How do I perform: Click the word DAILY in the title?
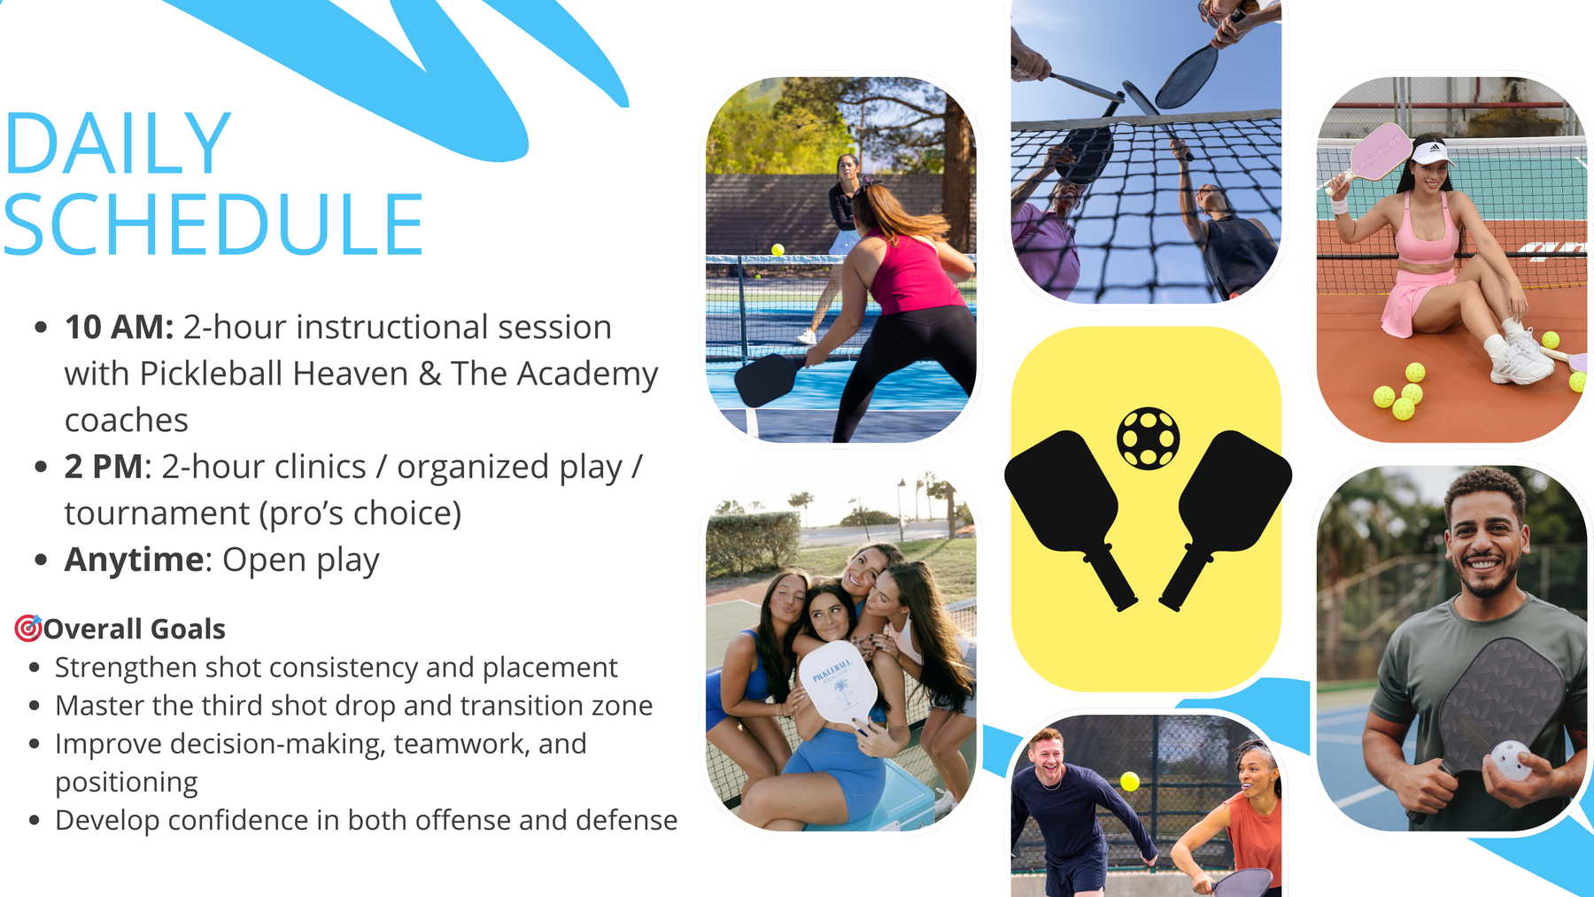click(x=118, y=143)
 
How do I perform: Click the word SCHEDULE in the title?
click(x=213, y=225)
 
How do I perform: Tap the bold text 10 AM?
click(x=119, y=328)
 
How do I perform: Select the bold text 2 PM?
click(x=104, y=467)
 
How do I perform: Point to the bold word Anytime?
click(x=135, y=561)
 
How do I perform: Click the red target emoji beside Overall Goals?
click(x=28, y=628)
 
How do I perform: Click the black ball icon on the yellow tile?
click(x=1148, y=437)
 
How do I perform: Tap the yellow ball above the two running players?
click(x=1130, y=781)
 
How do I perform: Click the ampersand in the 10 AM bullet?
click(x=430, y=375)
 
